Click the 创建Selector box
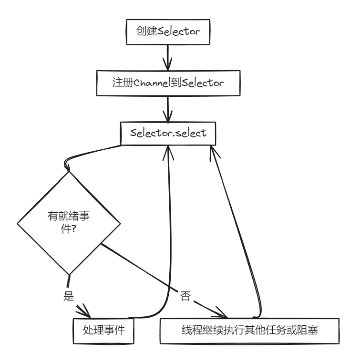167,32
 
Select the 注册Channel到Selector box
167,83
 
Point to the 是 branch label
69,295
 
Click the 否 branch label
185,296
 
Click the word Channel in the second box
149,83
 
